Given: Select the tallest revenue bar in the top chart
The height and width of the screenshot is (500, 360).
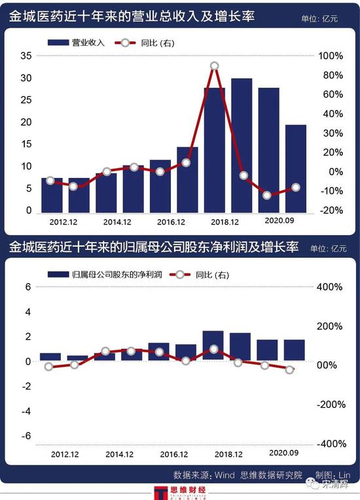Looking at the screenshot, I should tap(242, 145).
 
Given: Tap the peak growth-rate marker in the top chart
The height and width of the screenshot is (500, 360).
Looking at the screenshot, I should tap(215, 65).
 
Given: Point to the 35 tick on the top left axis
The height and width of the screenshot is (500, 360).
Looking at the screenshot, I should tap(26, 56).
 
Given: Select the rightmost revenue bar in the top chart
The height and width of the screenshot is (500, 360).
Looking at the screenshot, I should tap(296, 169).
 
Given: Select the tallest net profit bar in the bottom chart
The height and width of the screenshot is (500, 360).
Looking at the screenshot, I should tap(213, 346).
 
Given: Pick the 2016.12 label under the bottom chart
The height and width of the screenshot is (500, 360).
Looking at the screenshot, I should tap(173, 453).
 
